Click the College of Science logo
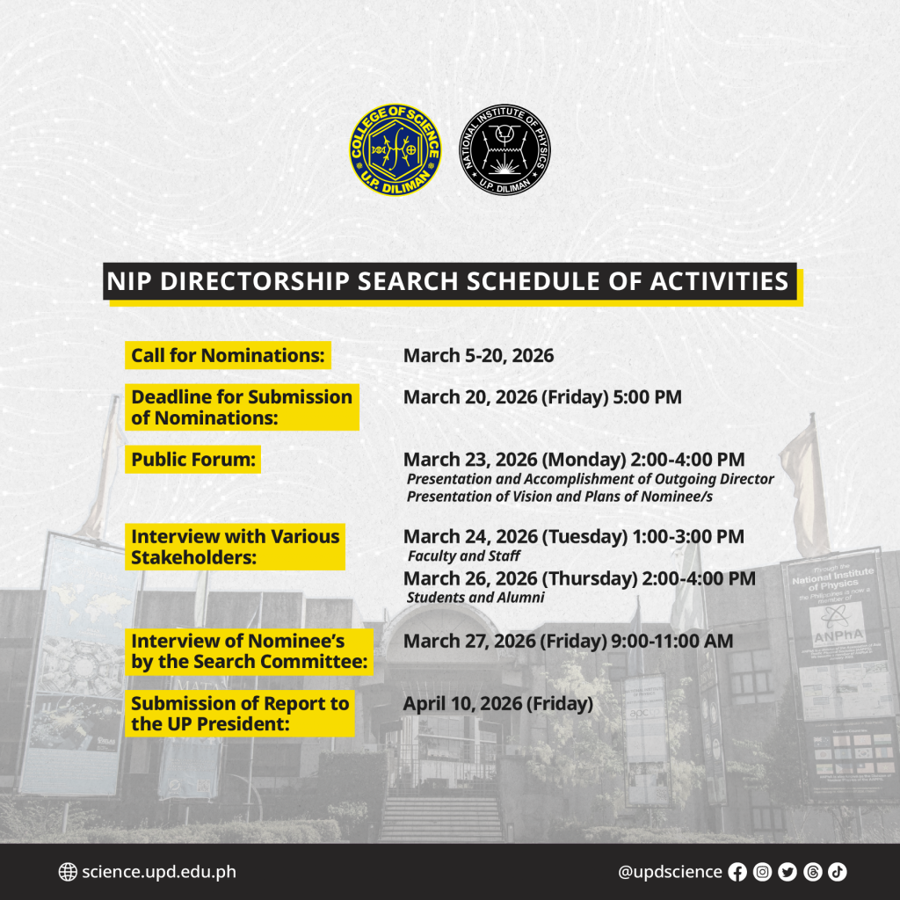pyautogui.click(x=396, y=149)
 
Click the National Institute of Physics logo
pyautogui.click(x=504, y=149)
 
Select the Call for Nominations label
pyautogui.click(x=228, y=355)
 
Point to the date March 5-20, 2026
pyautogui.click(x=479, y=356)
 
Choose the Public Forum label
pyautogui.click(x=192, y=459)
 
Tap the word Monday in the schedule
pyautogui.click(x=584, y=460)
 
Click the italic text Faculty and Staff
pyautogui.click(x=464, y=555)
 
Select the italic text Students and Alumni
pyautogui.click(x=475, y=598)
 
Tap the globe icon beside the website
pyautogui.click(x=68, y=872)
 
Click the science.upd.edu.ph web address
pyautogui.click(x=159, y=873)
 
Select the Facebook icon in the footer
pyautogui.click(x=737, y=873)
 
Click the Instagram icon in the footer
pyautogui.click(x=762, y=873)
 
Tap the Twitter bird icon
pyautogui.click(x=787, y=873)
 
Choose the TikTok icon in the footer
pyautogui.click(x=838, y=873)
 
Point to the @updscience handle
pyautogui.click(x=670, y=873)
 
